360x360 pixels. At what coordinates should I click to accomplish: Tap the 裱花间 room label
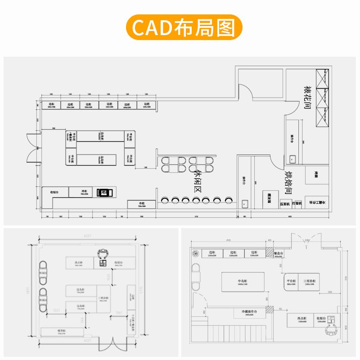[308, 98]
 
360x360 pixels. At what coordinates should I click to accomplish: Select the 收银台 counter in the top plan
[55, 192]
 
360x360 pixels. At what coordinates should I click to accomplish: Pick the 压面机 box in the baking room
[285, 204]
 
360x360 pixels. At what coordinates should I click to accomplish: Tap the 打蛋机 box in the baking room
[297, 203]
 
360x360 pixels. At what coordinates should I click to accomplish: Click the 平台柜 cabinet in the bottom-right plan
[292, 283]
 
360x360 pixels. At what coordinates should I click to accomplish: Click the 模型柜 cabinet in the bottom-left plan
[62, 332]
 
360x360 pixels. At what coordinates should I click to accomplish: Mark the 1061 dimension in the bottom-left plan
[119, 312]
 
